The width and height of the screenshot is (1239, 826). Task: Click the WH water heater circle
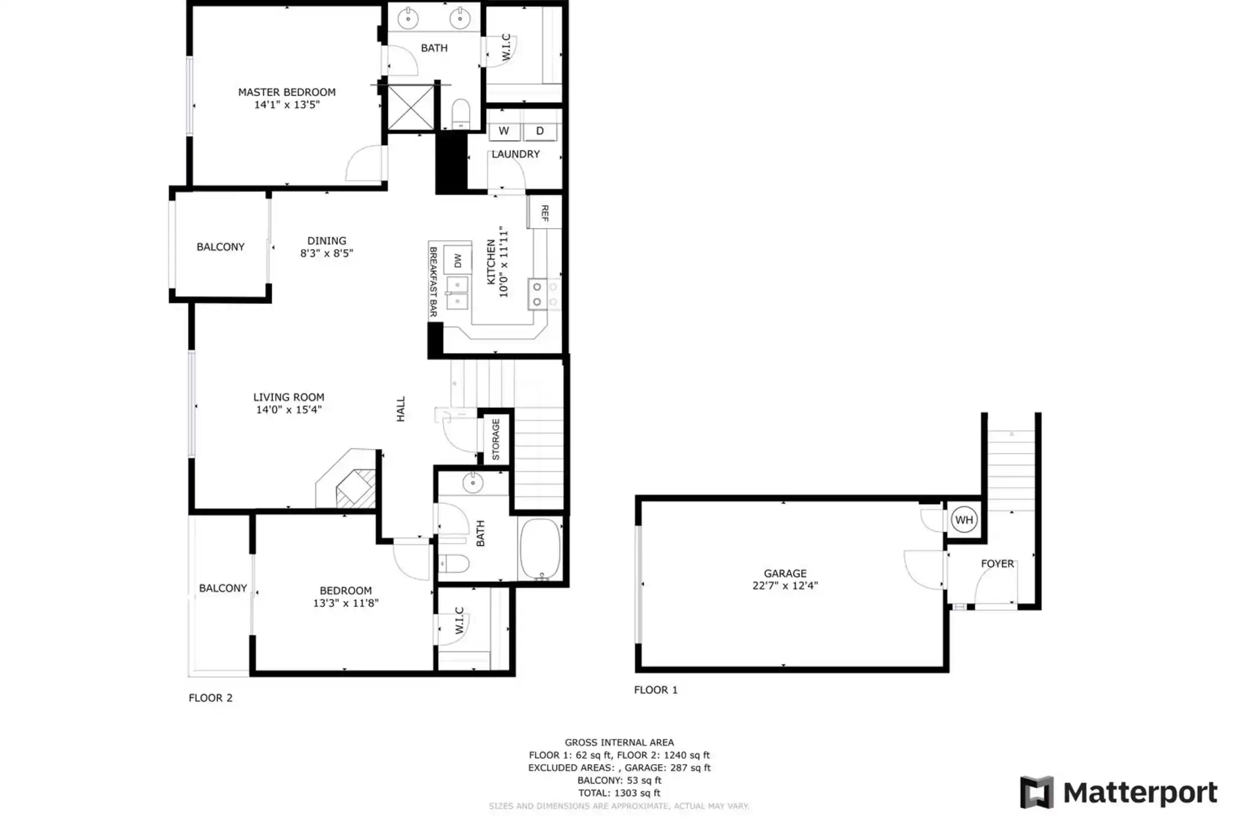coord(964,520)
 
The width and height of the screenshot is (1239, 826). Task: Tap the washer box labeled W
coord(504,131)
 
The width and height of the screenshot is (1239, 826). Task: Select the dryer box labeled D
coord(540,131)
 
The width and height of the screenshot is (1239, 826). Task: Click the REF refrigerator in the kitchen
coord(544,212)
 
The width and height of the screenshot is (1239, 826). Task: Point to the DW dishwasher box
coord(458,260)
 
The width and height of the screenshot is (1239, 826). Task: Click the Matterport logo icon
coord(1037,792)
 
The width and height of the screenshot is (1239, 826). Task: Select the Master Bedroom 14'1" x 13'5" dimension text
coord(287,104)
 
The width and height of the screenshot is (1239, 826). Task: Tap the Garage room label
coord(785,573)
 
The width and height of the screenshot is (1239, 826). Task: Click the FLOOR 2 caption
coord(211,698)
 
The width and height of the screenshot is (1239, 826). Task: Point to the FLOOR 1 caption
coord(656,689)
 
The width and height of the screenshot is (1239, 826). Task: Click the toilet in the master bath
coord(461,114)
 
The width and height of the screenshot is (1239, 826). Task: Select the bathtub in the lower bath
coord(540,548)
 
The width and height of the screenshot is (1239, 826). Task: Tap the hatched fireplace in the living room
coord(356,489)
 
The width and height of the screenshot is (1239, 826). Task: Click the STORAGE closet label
coord(496,439)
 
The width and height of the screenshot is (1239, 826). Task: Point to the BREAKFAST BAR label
coord(433,282)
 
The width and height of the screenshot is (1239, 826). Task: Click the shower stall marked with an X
coord(411,107)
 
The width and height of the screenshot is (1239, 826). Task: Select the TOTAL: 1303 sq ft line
coord(619,793)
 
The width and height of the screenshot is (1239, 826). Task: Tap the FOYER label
coord(997,563)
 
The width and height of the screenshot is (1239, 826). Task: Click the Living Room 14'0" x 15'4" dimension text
coord(289,410)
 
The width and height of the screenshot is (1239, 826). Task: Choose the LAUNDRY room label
coord(516,154)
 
